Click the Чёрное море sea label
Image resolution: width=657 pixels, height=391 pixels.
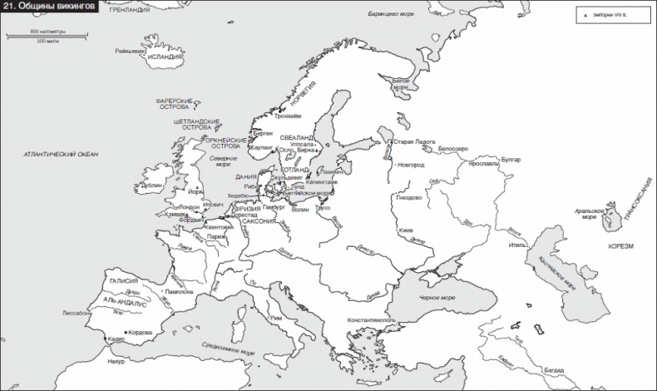coord(437,297)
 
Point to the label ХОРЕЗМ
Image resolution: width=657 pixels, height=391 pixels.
coord(620,247)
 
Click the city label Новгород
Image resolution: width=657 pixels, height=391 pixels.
coord(410,165)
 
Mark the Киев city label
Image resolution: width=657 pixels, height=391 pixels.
coord(407,230)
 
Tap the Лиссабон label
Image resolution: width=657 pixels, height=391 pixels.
coord(77,314)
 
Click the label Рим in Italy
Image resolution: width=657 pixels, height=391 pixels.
coord(289,317)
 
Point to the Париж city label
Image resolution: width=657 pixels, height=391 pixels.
coord(218,236)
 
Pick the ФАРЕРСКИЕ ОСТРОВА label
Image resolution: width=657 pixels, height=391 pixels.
coord(175,104)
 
